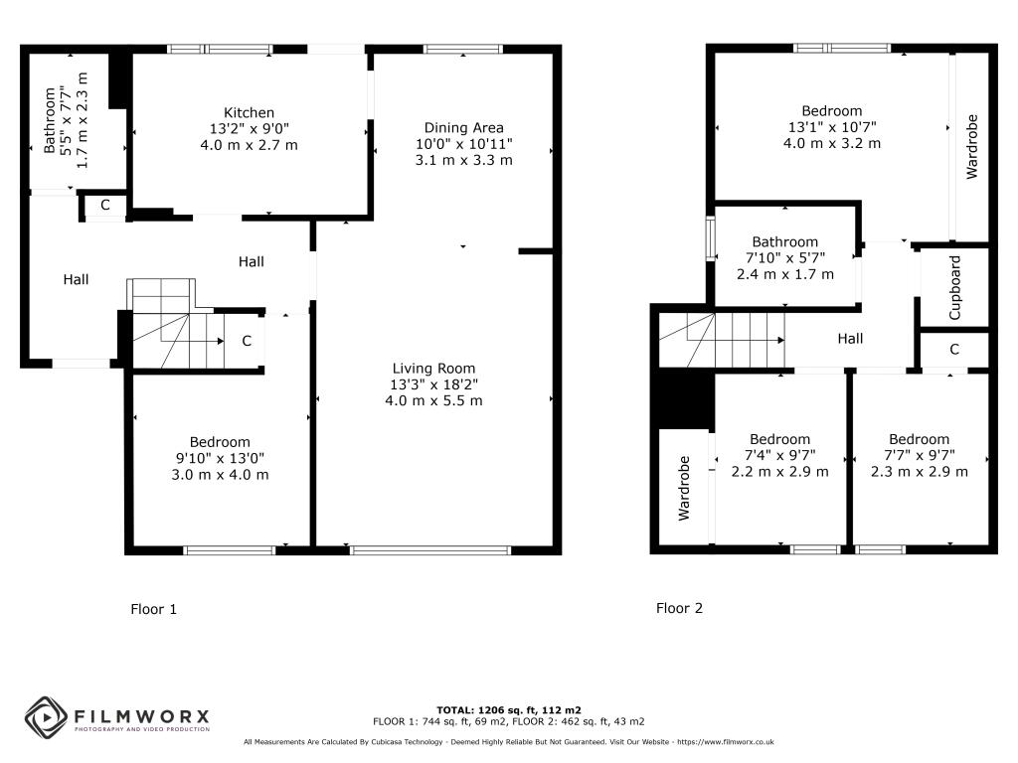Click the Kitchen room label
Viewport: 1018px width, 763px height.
click(249, 113)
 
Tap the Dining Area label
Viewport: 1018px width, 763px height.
click(463, 128)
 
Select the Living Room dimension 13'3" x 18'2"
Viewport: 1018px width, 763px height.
click(433, 384)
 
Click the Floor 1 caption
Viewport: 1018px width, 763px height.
click(153, 609)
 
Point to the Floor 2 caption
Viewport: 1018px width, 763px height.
click(679, 608)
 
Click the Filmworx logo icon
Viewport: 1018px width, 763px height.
click(46, 717)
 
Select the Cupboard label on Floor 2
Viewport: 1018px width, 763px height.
click(954, 287)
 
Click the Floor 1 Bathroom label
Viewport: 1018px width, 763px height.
click(50, 120)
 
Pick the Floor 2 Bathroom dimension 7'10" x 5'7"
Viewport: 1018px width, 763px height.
click(785, 258)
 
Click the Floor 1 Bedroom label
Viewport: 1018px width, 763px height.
click(220, 442)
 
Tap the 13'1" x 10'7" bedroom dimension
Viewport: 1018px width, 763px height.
click(832, 127)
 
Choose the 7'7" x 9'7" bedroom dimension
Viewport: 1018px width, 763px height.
click(919, 455)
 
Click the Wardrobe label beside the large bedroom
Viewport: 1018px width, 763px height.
click(971, 147)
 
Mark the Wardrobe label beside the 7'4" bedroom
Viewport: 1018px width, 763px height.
click(684, 488)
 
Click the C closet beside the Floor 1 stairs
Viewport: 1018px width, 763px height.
click(247, 341)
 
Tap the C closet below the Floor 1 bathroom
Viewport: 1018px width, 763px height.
click(104, 205)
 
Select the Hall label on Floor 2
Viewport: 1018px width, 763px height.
click(850, 339)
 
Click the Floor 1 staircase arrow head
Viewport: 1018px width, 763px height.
click(221, 341)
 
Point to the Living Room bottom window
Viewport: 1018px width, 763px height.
click(430, 550)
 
